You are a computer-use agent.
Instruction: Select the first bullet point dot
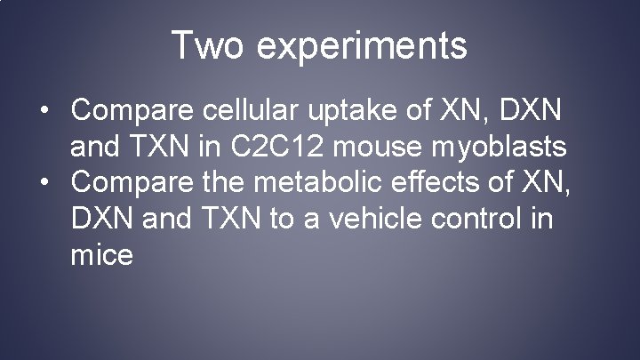click(x=44, y=110)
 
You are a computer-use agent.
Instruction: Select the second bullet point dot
click(x=44, y=184)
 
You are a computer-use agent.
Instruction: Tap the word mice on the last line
click(x=102, y=256)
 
